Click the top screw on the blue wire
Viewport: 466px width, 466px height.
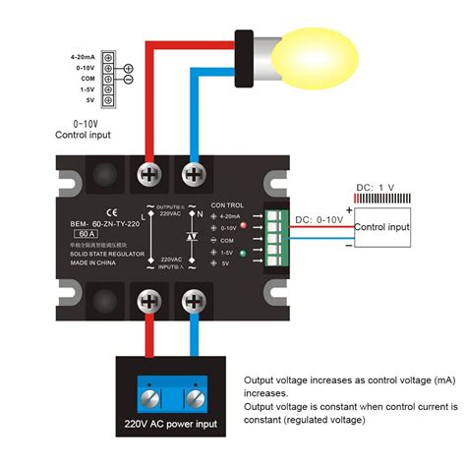pyautogui.click(x=195, y=176)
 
